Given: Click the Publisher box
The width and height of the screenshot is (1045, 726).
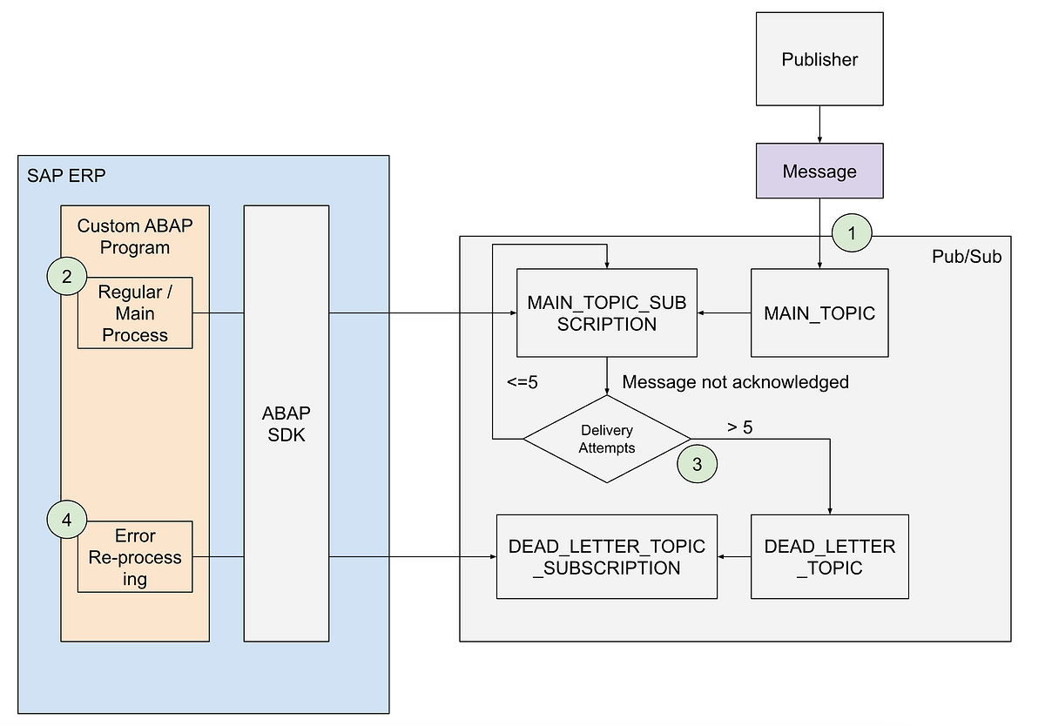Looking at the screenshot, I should pos(819,59).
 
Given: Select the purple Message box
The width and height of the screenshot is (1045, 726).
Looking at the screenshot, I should pos(819,171).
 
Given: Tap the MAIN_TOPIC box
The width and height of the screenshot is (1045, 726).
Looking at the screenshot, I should pos(819,313).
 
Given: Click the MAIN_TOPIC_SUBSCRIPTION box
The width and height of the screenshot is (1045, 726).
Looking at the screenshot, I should pos(607,313).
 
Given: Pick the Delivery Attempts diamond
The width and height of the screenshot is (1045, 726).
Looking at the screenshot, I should pos(606,439).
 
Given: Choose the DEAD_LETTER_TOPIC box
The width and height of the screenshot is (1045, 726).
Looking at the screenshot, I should pos(829,557).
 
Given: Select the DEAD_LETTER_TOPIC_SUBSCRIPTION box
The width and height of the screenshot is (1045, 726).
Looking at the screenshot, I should pos(607,557).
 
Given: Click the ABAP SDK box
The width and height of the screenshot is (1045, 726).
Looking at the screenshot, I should pos(287,423).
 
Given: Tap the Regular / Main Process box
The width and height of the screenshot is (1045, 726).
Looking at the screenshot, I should pos(135,313).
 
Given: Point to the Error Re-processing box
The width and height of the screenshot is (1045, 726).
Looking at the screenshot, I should pos(135,557).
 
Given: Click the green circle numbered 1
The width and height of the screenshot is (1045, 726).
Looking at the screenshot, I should pos(851,232).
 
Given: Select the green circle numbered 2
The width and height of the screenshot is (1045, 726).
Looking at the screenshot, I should pos(67,278).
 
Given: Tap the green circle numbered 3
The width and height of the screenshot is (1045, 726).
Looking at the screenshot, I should pos(697,464).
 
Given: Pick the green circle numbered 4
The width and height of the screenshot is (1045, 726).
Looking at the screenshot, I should pos(67,521).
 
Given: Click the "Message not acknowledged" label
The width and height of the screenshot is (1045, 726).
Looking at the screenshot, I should pos(735,382).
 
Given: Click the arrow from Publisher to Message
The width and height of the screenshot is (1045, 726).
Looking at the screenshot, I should pos(819,124).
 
